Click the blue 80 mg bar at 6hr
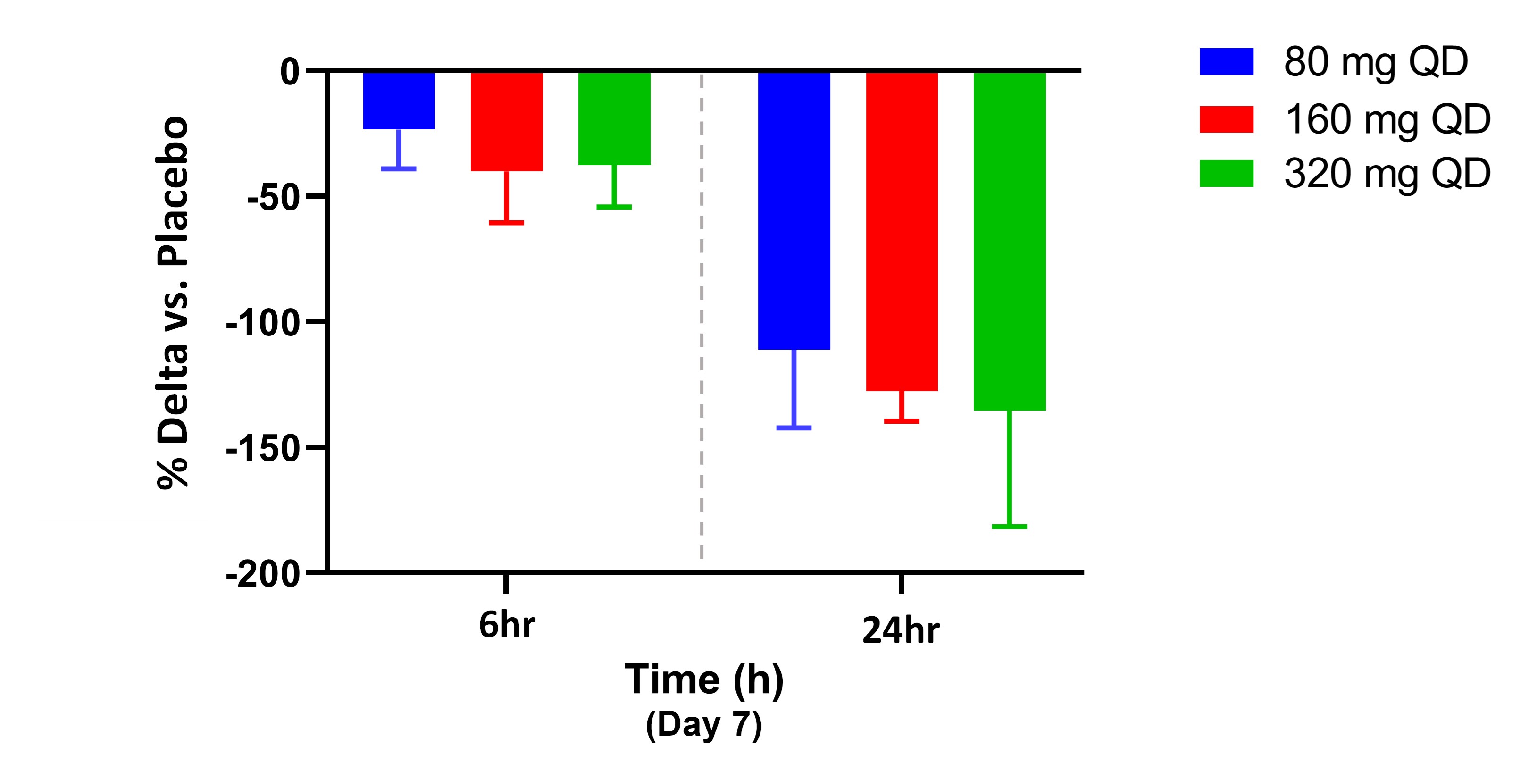coord(399,100)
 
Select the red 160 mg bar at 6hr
coord(507,121)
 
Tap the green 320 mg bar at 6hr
coord(614,118)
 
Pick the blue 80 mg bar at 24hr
coord(794,210)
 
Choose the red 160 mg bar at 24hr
coord(902,231)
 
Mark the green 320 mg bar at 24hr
coord(1009,240)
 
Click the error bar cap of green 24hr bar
coord(1009,527)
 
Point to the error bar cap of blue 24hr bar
coord(794,428)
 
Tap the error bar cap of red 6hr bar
coord(506,223)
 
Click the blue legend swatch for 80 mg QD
coord(1226,62)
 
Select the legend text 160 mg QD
coord(1387,119)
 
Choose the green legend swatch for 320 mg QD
coord(1226,173)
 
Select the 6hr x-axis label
coord(507,625)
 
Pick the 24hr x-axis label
coord(901,630)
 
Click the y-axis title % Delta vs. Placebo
coord(173,303)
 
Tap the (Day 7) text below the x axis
coord(703,725)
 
